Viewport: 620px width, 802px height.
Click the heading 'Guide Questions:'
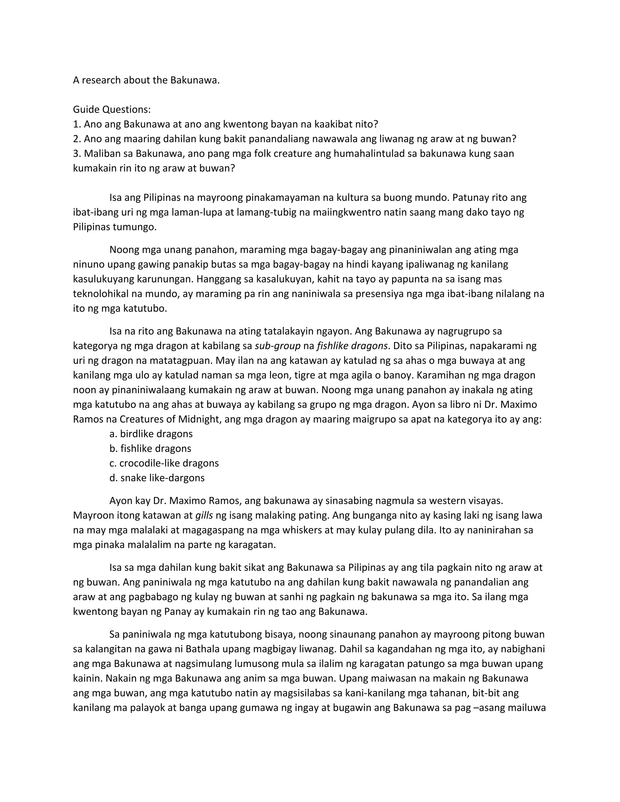coord(112,110)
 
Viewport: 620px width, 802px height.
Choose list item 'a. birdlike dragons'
coord(151,434)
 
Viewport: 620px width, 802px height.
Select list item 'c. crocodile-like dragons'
coord(164,463)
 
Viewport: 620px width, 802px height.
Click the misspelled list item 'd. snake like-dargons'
coord(157,478)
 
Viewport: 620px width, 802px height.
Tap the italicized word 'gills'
coord(204,516)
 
